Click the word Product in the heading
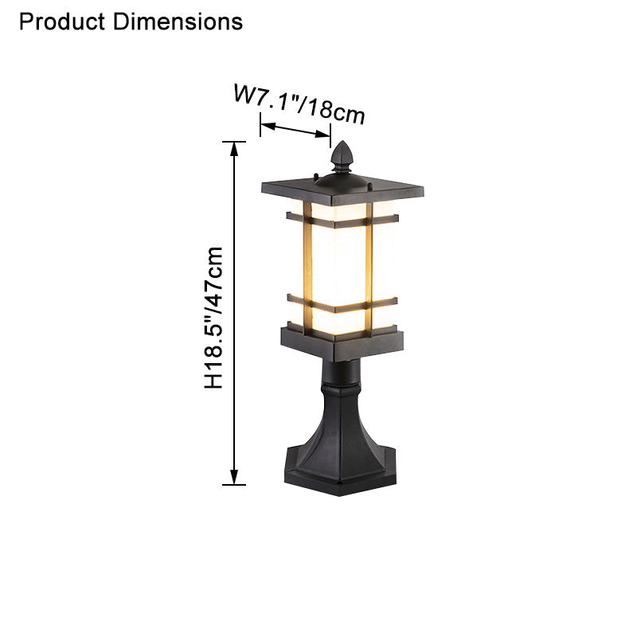(x=63, y=21)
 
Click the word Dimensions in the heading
(x=178, y=21)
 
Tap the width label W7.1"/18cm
(x=299, y=104)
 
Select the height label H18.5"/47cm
(x=214, y=318)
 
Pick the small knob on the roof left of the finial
(x=316, y=175)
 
